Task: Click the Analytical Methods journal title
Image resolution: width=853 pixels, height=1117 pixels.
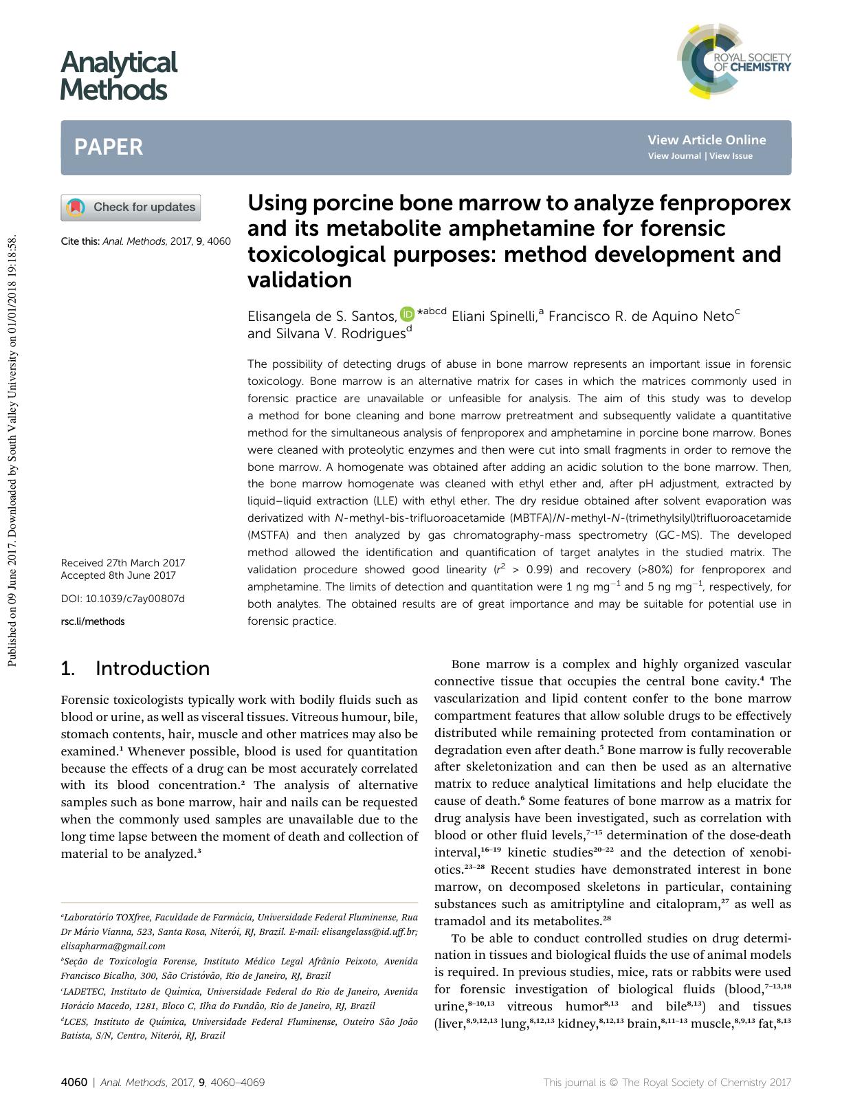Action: click(x=118, y=76)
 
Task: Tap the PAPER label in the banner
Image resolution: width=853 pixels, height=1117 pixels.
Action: click(x=109, y=147)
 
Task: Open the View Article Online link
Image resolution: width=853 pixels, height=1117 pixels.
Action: click(x=706, y=140)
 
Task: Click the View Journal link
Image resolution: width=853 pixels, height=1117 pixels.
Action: click(x=674, y=156)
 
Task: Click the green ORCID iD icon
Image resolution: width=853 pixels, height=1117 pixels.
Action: click(x=407, y=314)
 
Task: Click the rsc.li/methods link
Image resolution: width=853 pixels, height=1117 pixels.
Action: click(x=93, y=621)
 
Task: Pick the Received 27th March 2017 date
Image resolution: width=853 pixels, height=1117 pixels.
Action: click(x=123, y=563)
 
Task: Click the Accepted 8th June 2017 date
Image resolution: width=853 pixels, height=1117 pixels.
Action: click(x=118, y=575)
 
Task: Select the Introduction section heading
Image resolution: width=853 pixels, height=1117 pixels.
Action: click(x=152, y=668)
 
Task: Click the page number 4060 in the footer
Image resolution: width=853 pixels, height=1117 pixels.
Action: click(x=74, y=1083)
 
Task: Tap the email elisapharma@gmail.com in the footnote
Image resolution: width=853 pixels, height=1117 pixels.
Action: click(x=113, y=946)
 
